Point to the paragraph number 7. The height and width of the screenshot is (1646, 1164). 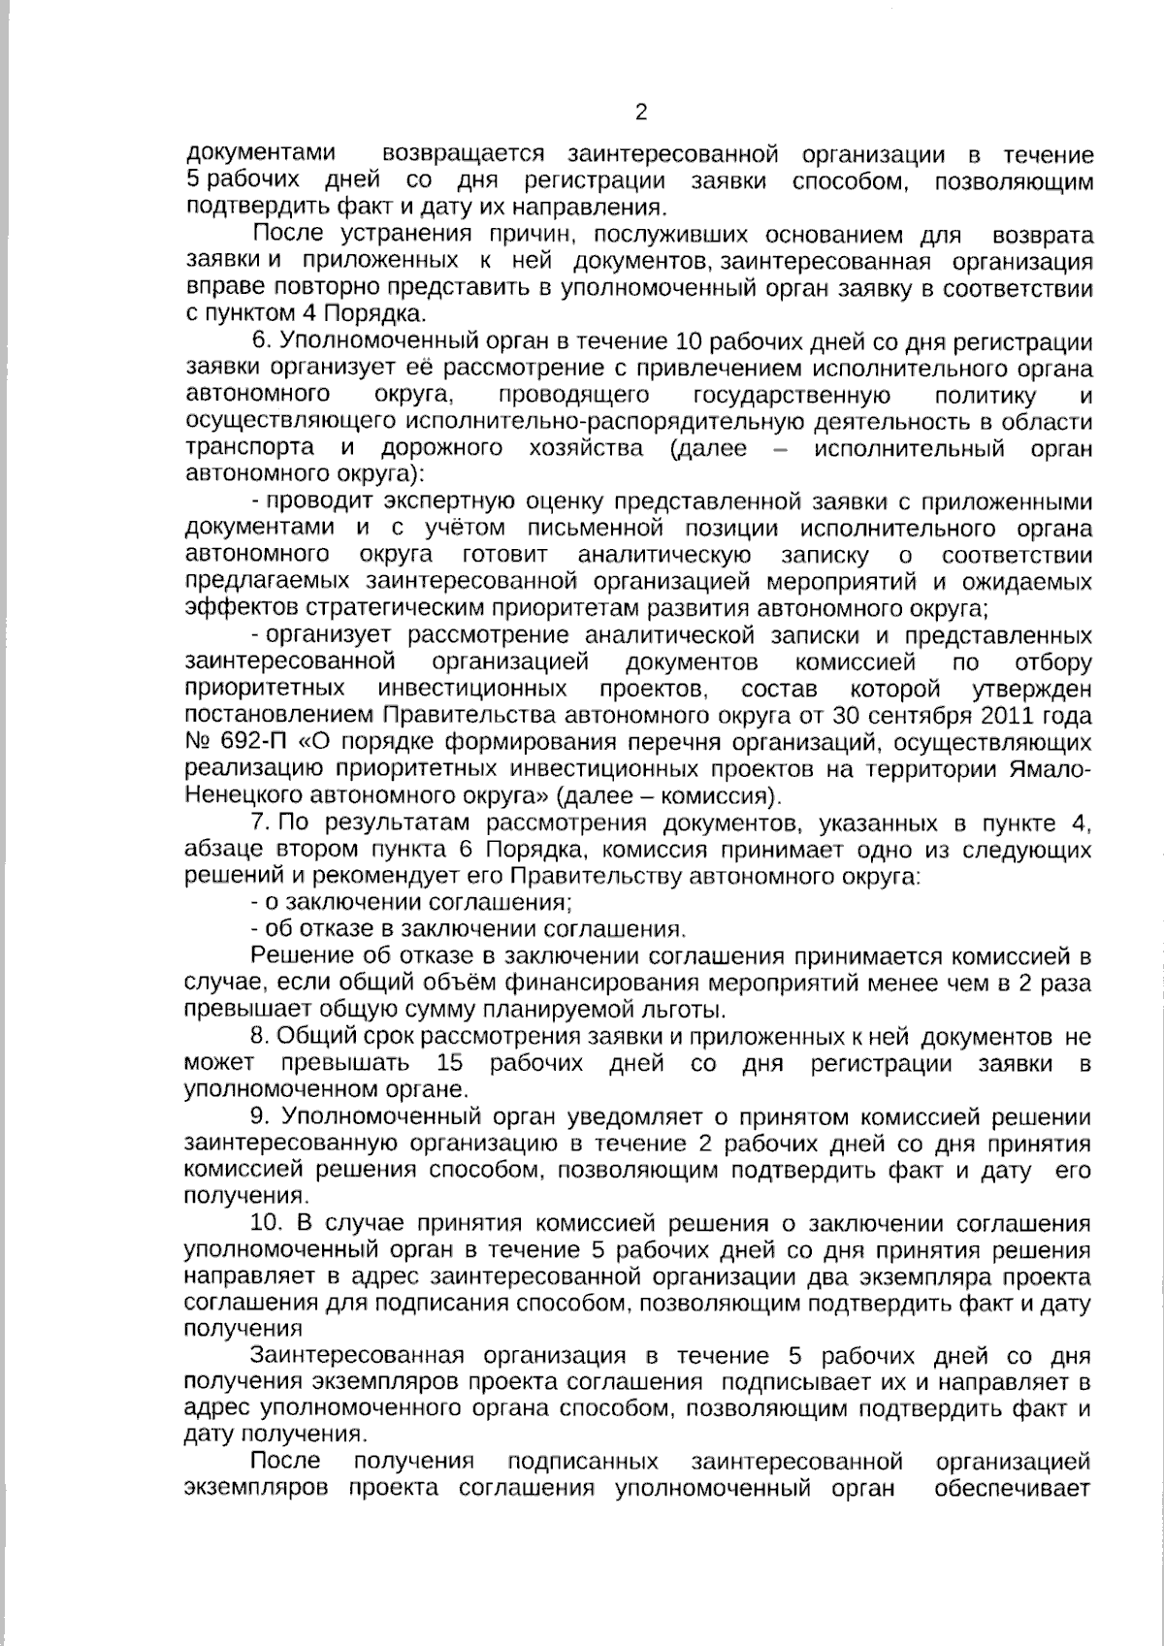tap(259, 823)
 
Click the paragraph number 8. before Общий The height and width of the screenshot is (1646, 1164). tap(259, 1037)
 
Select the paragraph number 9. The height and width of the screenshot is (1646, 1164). tap(259, 1117)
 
